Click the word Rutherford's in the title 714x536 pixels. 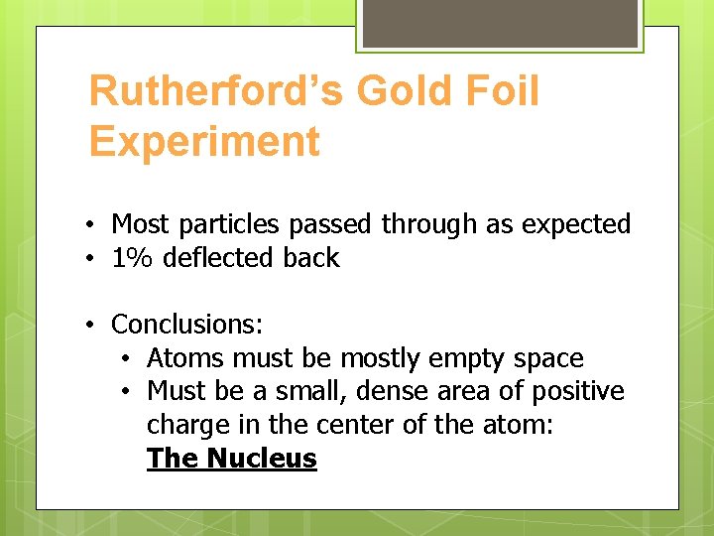pyautogui.click(x=216, y=92)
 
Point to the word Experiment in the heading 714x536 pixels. pyautogui.click(x=204, y=142)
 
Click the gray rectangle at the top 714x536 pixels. pyautogui.click(x=500, y=22)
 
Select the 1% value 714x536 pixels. pyautogui.click(x=133, y=258)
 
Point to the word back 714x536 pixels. pyautogui.click(x=310, y=258)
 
